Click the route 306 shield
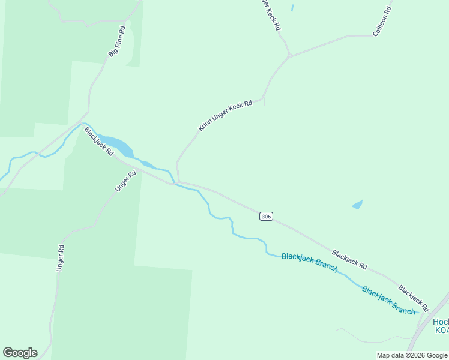tap(267, 216)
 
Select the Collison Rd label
tap(382, 22)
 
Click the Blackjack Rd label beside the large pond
tap(99, 141)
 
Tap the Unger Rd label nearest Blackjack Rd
tap(126, 181)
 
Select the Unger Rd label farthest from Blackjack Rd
tap(60, 258)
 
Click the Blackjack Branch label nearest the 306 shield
tap(310, 263)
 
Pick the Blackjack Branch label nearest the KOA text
tap(388, 299)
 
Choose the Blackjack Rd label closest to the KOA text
tap(414, 298)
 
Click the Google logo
tap(20, 353)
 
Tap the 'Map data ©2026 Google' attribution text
tap(412, 355)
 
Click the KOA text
tap(441, 331)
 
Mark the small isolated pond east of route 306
tap(358, 205)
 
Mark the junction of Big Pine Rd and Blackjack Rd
tap(88, 112)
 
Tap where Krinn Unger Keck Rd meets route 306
tap(178, 181)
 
